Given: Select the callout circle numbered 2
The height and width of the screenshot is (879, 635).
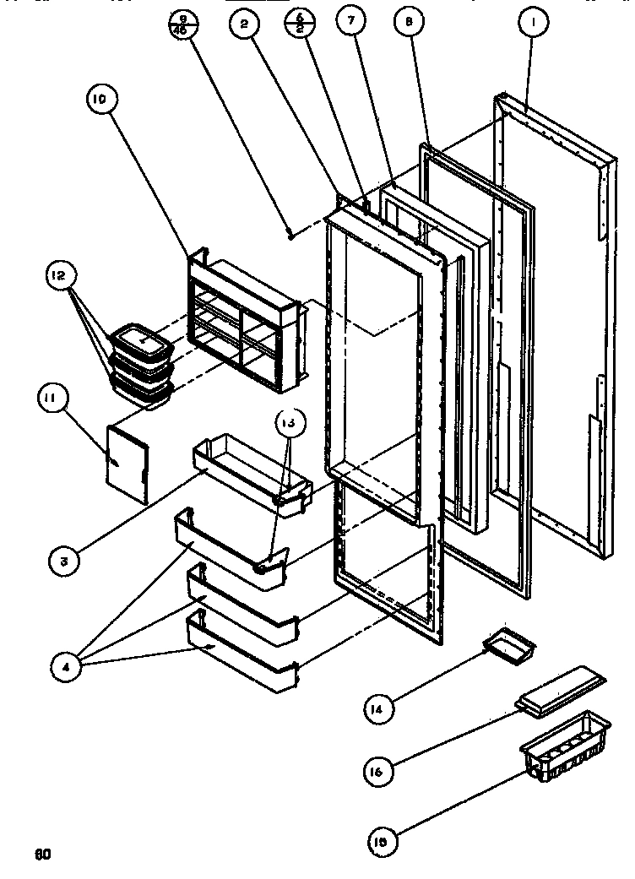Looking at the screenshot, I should tap(243, 25).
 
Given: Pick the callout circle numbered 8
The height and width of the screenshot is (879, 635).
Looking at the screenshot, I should tap(409, 24).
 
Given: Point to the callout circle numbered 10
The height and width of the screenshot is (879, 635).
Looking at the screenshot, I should tap(99, 100).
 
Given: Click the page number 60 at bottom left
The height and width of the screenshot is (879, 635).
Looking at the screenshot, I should tap(42, 853).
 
